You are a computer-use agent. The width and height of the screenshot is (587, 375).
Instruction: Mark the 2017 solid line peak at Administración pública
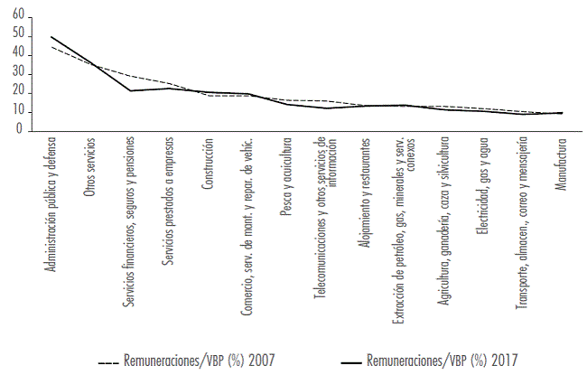pyautogui.click(x=51, y=37)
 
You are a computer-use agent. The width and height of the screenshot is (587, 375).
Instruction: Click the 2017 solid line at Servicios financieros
pyautogui.click(x=130, y=90)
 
